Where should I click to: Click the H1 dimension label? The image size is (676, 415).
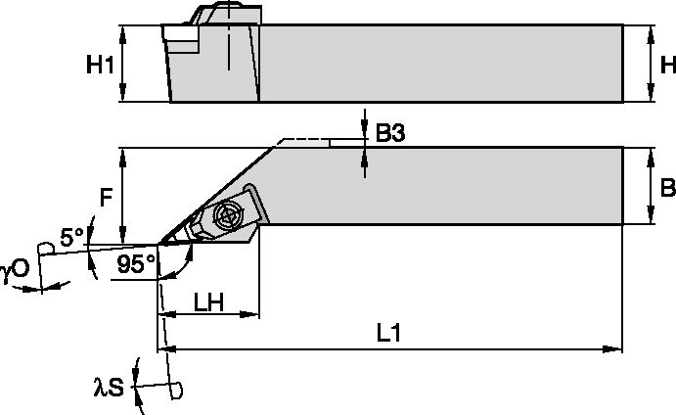[x=101, y=66]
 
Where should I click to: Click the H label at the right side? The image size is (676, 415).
[x=668, y=66]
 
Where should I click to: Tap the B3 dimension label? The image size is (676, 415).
[x=390, y=134]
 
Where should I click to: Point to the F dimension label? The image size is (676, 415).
[x=107, y=195]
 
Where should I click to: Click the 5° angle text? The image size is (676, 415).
[x=71, y=236]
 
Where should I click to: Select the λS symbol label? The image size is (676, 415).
[x=108, y=389]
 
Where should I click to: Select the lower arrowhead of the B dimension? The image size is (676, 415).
[x=651, y=219]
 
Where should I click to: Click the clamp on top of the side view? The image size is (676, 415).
[x=220, y=15]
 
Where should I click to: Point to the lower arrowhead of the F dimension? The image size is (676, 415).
[x=122, y=238]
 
